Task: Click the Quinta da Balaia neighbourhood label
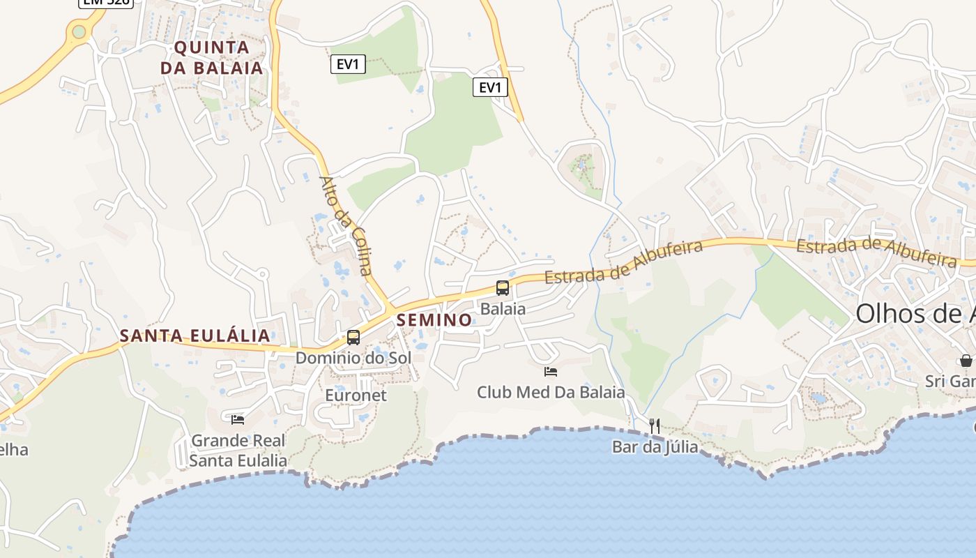(212, 57)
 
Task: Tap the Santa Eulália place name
(195, 335)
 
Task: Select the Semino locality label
(434, 320)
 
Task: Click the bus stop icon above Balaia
(502, 287)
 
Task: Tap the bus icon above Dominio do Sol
(353, 338)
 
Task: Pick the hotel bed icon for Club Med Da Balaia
(551, 372)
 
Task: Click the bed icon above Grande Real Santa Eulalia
(238, 419)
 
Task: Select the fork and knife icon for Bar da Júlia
(655, 425)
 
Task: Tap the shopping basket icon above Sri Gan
(966, 361)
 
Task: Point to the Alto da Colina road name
(346, 225)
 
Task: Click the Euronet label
(356, 395)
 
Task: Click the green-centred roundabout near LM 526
(79, 31)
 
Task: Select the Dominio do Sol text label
(353, 358)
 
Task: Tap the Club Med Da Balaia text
(551, 392)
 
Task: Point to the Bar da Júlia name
(655, 446)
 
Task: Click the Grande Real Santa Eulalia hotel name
(238, 451)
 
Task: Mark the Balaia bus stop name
(503, 308)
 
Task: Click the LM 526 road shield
(105, 3)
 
